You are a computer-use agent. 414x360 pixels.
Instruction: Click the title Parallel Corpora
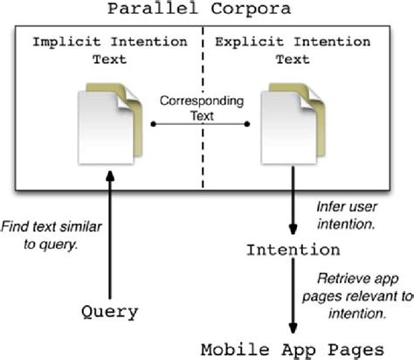pyautogui.click(x=208, y=10)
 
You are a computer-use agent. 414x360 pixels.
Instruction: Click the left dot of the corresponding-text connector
pyautogui.click(x=154, y=124)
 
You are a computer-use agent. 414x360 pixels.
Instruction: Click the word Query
pyautogui.click(x=111, y=311)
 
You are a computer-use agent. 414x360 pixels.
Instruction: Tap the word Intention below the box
pyautogui.click(x=292, y=250)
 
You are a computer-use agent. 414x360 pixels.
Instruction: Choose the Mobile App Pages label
pyautogui.click(x=300, y=348)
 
